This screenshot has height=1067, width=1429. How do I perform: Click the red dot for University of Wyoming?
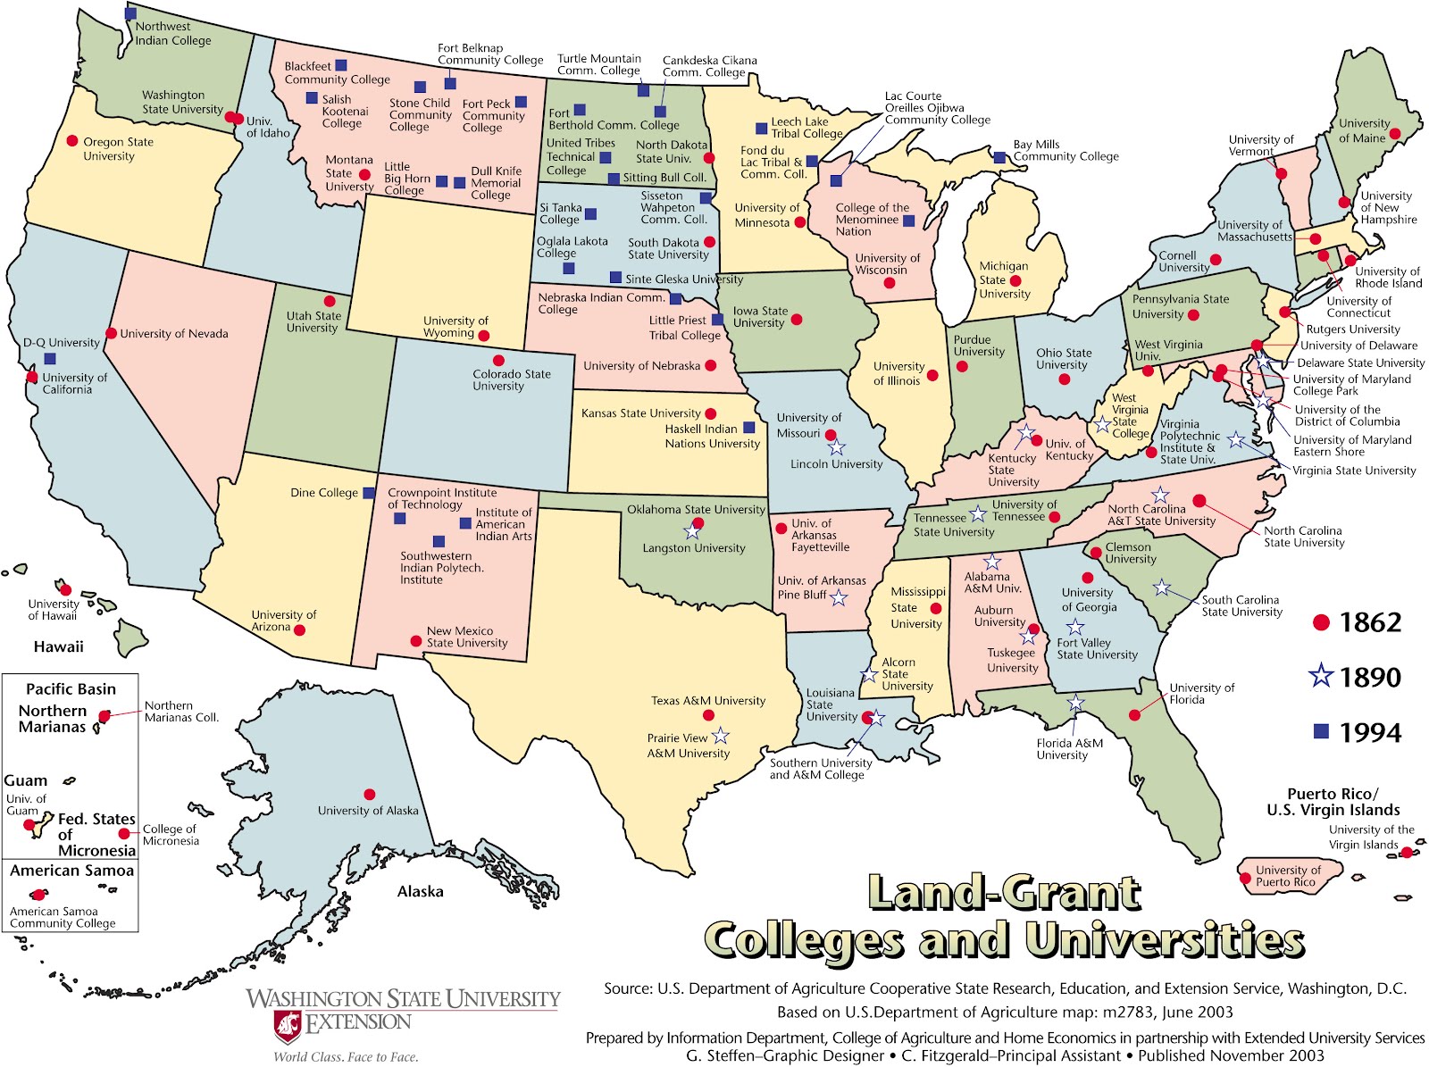(x=483, y=336)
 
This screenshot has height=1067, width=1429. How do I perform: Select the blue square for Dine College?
(x=368, y=493)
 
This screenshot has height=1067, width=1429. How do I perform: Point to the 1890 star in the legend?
(x=1321, y=677)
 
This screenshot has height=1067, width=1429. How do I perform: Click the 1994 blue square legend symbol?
(x=1321, y=732)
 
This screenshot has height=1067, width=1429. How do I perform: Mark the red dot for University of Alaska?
(x=369, y=794)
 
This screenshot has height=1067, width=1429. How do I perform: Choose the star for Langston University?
(x=691, y=533)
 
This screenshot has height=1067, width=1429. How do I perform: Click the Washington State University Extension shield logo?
(x=288, y=1026)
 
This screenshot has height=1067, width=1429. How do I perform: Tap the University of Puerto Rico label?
(x=1287, y=876)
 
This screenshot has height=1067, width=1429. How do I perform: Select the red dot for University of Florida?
(x=1134, y=715)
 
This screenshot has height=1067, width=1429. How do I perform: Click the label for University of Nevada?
(x=174, y=334)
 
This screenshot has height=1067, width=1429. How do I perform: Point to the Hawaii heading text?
(x=58, y=646)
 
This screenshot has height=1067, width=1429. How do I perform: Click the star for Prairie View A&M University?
(x=721, y=737)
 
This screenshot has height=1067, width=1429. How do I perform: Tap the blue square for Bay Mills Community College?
(x=999, y=157)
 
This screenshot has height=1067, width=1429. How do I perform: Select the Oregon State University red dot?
(x=72, y=141)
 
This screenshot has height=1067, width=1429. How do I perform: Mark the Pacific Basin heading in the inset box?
(x=71, y=689)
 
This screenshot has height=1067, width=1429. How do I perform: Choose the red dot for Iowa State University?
(x=796, y=320)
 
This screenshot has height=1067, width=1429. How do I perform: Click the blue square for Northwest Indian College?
(x=130, y=13)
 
